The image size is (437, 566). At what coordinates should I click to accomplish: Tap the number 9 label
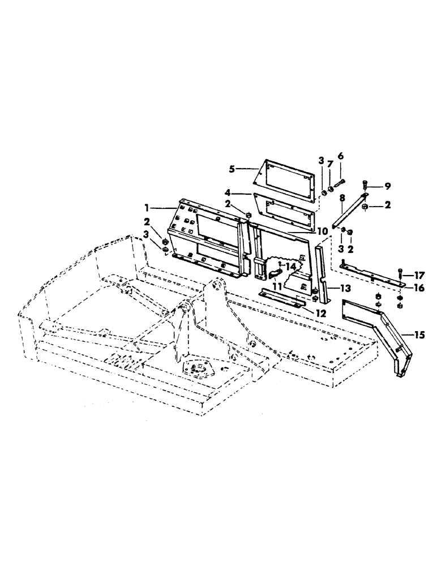click(x=387, y=185)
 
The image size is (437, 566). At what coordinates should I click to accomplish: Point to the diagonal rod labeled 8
click(x=350, y=211)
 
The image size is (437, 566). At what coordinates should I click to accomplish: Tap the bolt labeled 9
click(x=365, y=184)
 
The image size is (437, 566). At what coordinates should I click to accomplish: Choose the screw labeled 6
click(x=338, y=183)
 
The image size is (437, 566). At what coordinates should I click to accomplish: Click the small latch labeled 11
click(x=275, y=275)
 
